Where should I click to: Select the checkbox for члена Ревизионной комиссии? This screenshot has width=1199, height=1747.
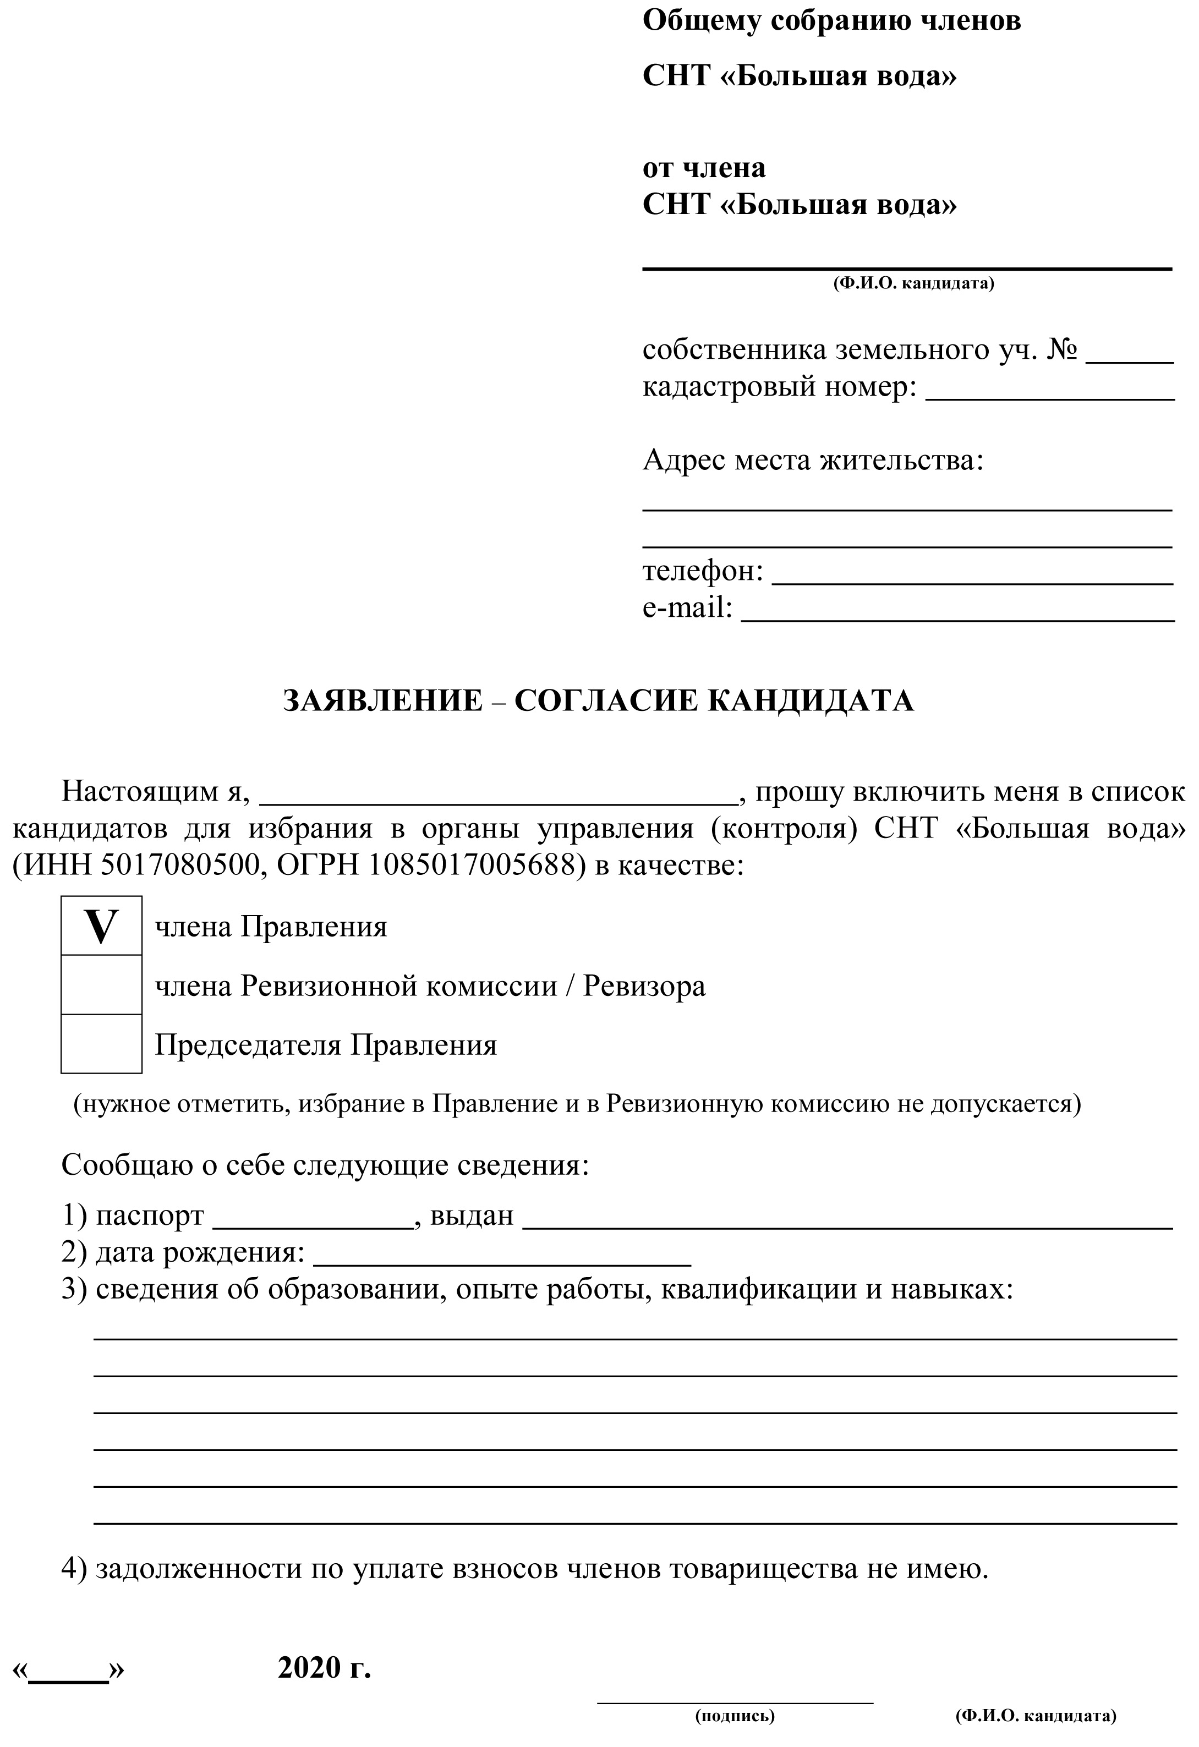click(x=101, y=985)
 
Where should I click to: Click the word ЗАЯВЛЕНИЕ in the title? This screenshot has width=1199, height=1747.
click(x=384, y=700)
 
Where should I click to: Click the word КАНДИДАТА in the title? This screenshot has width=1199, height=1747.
click(x=811, y=700)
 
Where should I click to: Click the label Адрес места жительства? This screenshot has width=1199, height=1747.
click(x=813, y=459)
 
